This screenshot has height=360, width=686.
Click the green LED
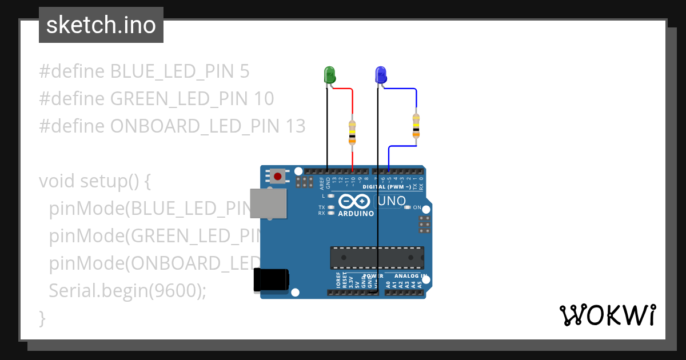(330, 75)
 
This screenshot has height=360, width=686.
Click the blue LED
(381, 75)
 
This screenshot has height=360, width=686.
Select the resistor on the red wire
(352, 132)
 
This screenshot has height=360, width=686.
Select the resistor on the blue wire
(416, 126)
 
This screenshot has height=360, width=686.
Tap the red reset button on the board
(278, 176)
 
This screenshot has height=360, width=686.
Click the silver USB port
(268, 203)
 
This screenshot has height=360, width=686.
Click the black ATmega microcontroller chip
(377, 257)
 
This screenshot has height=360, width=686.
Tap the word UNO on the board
(392, 201)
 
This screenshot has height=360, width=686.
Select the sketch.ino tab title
(101, 25)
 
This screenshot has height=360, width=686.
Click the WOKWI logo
(607, 315)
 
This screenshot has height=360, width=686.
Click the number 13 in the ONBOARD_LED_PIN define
(294, 126)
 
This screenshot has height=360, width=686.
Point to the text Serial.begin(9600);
(127, 290)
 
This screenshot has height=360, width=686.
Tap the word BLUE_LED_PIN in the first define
(171, 71)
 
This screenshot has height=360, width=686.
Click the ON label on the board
(417, 207)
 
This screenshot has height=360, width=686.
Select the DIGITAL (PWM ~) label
(387, 187)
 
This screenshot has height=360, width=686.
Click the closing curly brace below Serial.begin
(42, 318)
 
